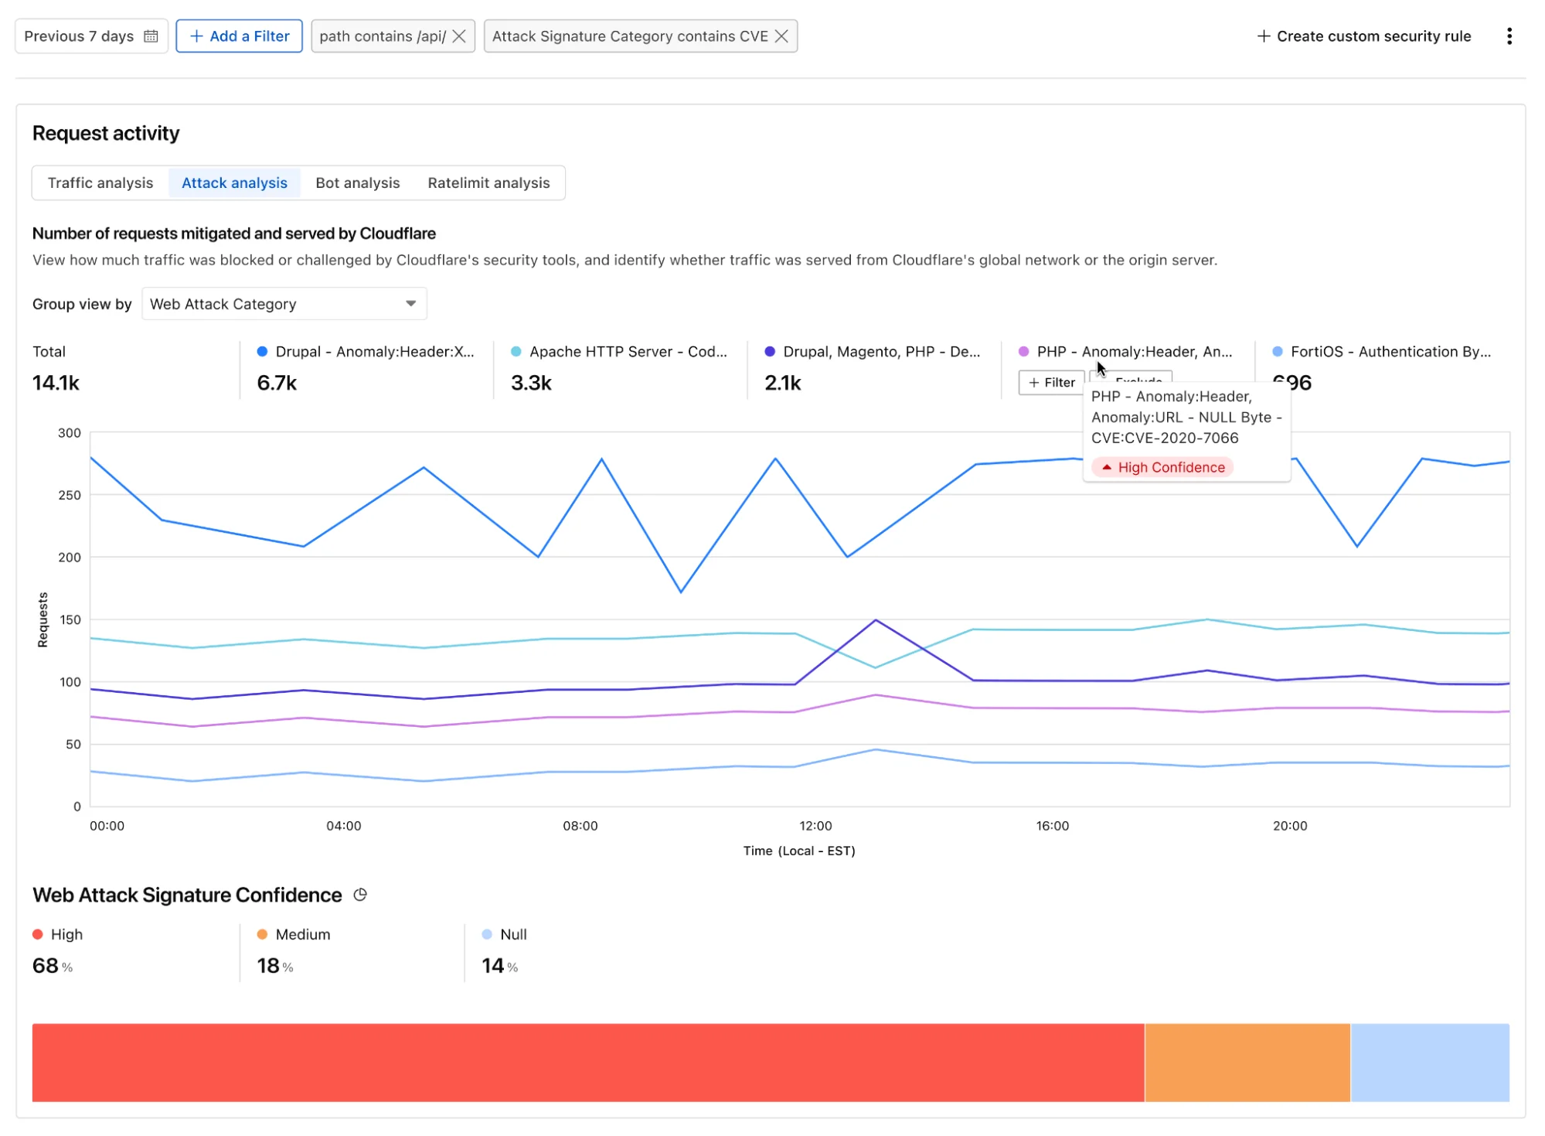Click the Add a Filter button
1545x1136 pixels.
(x=239, y=36)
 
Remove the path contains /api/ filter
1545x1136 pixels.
(x=459, y=36)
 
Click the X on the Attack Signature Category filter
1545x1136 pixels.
(x=781, y=36)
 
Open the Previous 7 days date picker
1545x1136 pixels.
(x=91, y=36)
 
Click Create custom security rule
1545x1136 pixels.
(x=1364, y=36)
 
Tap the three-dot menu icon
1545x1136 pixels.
(x=1509, y=36)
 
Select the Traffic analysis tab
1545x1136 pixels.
(x=100, y=183)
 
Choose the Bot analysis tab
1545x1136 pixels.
(x=357, y=183)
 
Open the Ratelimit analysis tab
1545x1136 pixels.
(x=488, y=183)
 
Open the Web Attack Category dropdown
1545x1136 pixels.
(x=284, y=304)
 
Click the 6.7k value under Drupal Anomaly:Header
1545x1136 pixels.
(x=277, y=383)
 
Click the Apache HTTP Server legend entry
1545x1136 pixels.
(x=627, y=352)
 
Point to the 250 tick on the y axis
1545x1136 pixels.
(x=70, y=495)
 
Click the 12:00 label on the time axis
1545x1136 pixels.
(x=815, y=826)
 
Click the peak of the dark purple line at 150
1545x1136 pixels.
(x=875, y=620)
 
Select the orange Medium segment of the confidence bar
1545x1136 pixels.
(x=1247, y=1063)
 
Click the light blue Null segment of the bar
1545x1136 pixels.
(x=1430, y=1063)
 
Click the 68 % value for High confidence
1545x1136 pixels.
(x=52, y=966)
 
